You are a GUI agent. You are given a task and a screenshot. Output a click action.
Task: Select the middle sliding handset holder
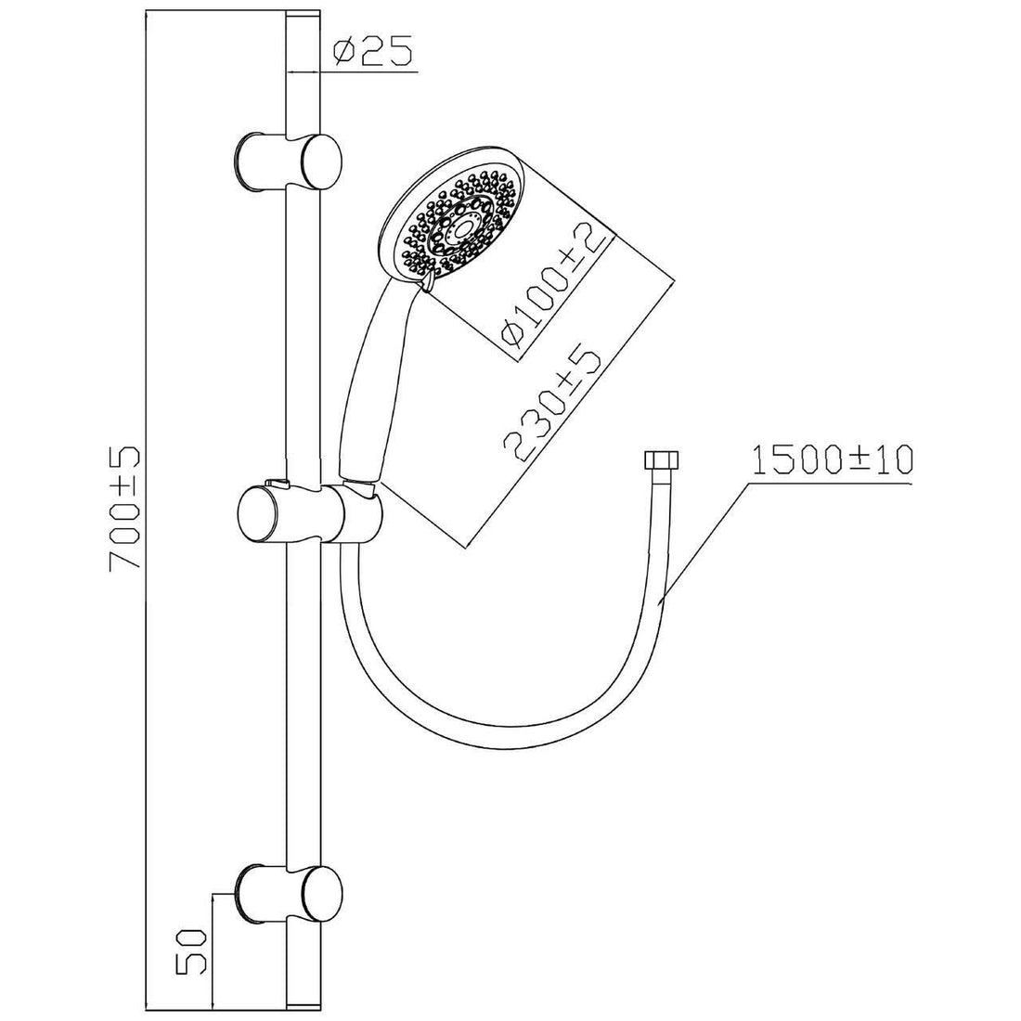pyautogui.click(x=278, y=512)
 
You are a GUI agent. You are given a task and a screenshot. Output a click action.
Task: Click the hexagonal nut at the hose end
pyautogui.click(x=656, y=461)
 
